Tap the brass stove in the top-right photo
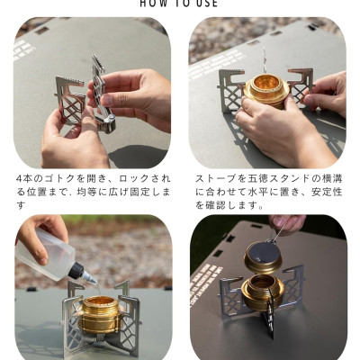click(x=265, y=90)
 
